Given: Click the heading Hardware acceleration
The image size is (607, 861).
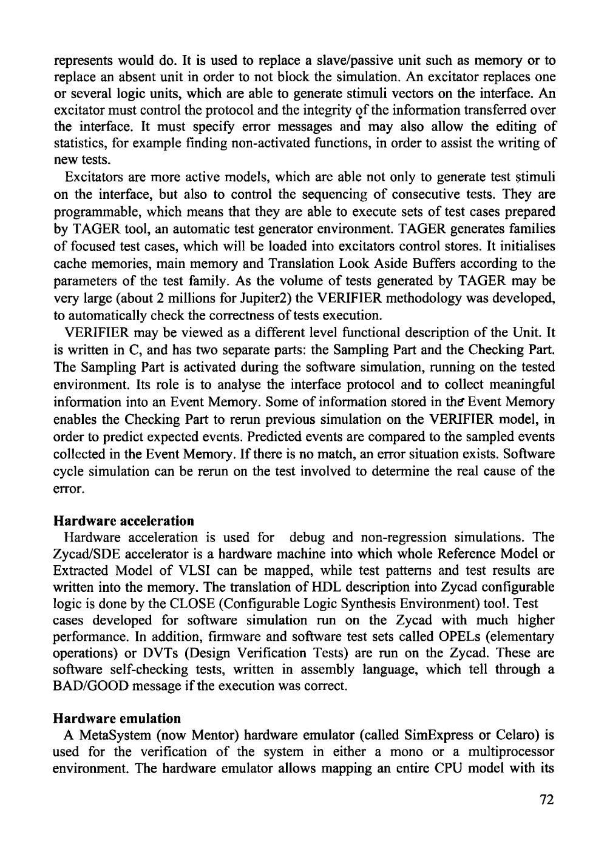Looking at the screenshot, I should point(124,521).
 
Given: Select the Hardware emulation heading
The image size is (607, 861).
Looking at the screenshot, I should point(117,719).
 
